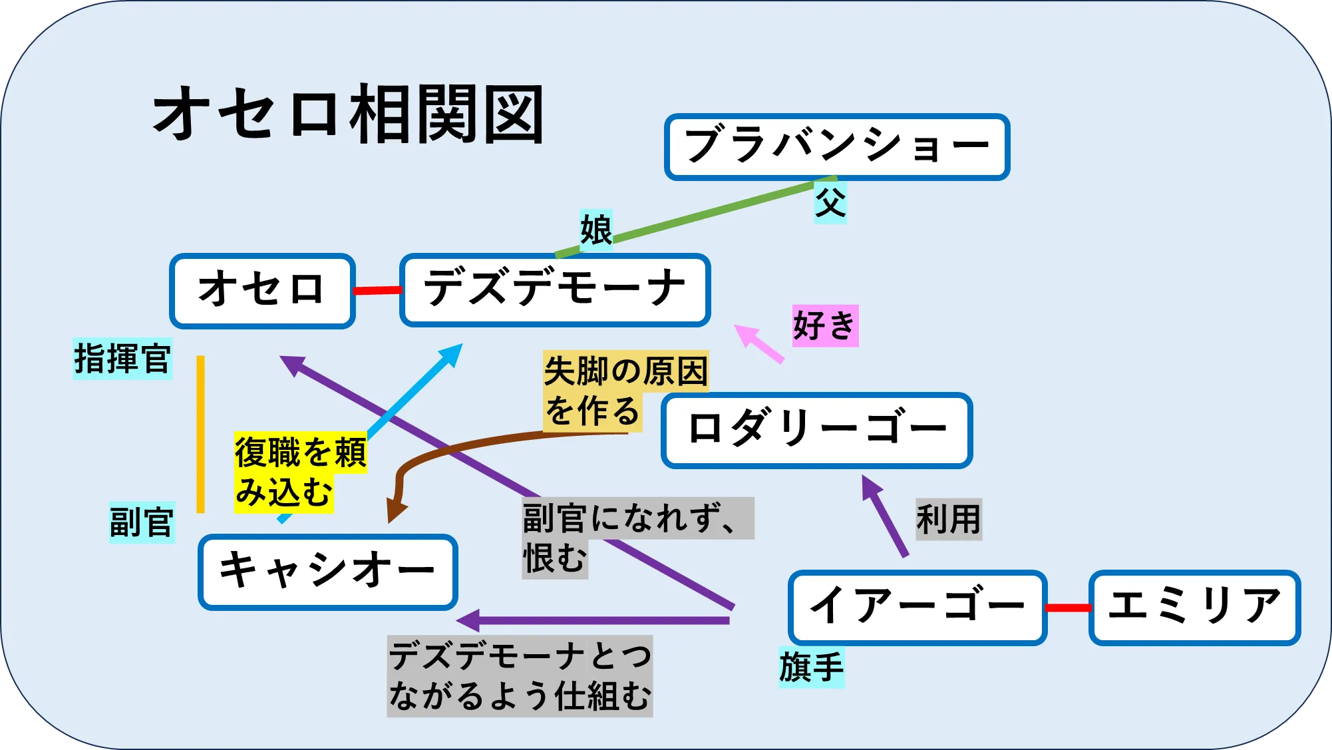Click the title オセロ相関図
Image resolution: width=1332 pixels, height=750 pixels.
(349, 114)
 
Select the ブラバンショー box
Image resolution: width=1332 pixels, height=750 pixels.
(837, 147)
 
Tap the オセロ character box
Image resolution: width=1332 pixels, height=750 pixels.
(262, 291)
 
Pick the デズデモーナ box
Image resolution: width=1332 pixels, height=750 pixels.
(555, 290)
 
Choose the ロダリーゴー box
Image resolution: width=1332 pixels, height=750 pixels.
(817, 431)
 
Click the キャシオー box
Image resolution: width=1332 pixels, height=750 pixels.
(328, 572)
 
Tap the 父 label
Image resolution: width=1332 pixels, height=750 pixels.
(830, 202)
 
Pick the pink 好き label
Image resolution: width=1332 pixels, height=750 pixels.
(825, 325)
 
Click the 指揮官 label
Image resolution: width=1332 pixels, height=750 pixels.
(122, 359)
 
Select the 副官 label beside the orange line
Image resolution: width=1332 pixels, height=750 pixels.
(142, 522)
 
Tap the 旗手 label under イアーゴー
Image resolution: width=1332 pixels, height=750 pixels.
(812, 667)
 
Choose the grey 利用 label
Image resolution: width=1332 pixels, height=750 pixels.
(949, 519)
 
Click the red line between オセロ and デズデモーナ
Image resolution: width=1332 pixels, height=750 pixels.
(377, 290)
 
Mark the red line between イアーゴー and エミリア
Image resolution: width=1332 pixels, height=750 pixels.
(1069, 608)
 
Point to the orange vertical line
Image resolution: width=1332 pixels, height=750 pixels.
(200, 434)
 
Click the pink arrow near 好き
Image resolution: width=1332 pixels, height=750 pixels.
(759, 343)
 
